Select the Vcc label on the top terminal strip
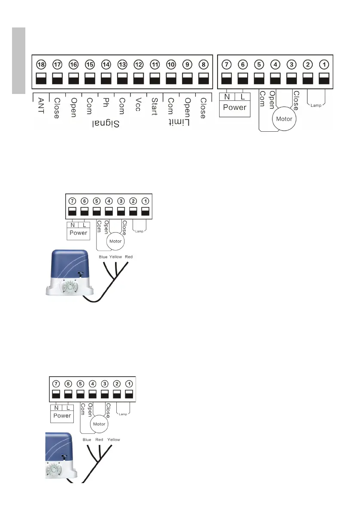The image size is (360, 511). click(x=138, y=105)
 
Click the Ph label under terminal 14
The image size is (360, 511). click(x=106, y=103)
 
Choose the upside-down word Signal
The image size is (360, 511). click(x=106, y=123)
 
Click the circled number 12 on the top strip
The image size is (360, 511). click(x=138, y=64)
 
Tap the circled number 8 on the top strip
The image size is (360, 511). click(x=204, y=64)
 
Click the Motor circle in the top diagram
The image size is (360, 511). click(x=284, y=118)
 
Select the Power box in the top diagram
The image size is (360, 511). click(x=235, y=107)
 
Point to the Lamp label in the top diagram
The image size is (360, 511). click(x=316, y=104)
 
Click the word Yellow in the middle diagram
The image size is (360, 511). click(x=115, y=257)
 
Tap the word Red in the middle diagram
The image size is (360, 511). click(x=129, y=257)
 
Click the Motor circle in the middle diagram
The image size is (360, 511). click(x=116, y=241)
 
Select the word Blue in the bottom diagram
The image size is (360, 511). click(x=87, y=440)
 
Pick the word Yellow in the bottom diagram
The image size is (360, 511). click(x=114, y=440)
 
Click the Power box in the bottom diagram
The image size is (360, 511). click(x=62, y=416)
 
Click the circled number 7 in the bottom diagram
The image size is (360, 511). click(x=55, y=383)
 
